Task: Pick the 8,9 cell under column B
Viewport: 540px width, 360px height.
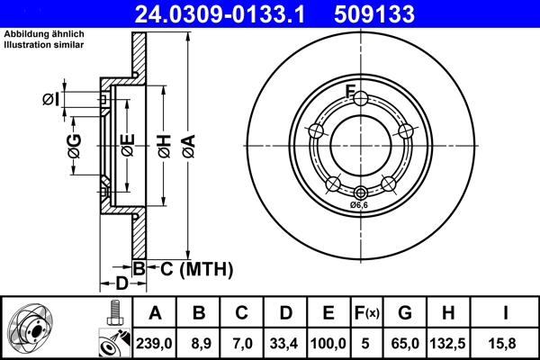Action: pos(199,341)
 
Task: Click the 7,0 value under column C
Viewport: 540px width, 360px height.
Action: pos(242,341)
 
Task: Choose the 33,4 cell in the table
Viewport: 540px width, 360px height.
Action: pos(285,341)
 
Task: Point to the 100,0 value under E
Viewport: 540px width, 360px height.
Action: pos(328,341)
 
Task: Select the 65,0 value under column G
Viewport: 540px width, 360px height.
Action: pos(406,341)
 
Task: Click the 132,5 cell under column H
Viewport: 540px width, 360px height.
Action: pos(449,341)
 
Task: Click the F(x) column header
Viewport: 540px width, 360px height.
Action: pos(367,313)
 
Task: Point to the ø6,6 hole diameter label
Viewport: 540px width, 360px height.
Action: pos(360,205)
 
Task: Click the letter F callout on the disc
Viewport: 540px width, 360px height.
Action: pos(352,91)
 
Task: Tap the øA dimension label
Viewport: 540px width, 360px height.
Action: pos(187,145)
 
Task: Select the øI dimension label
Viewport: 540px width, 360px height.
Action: pos(50,99)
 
